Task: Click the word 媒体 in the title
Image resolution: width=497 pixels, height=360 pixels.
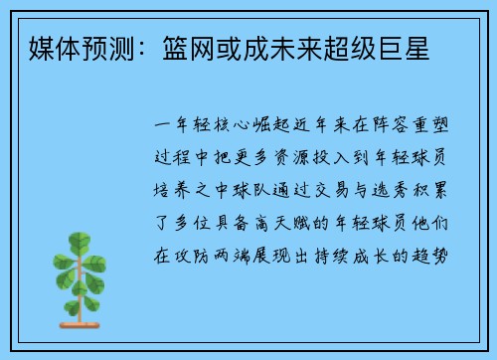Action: tap(53, 47)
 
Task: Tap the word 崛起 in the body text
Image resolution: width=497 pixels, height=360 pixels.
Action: tap(259, 128)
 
